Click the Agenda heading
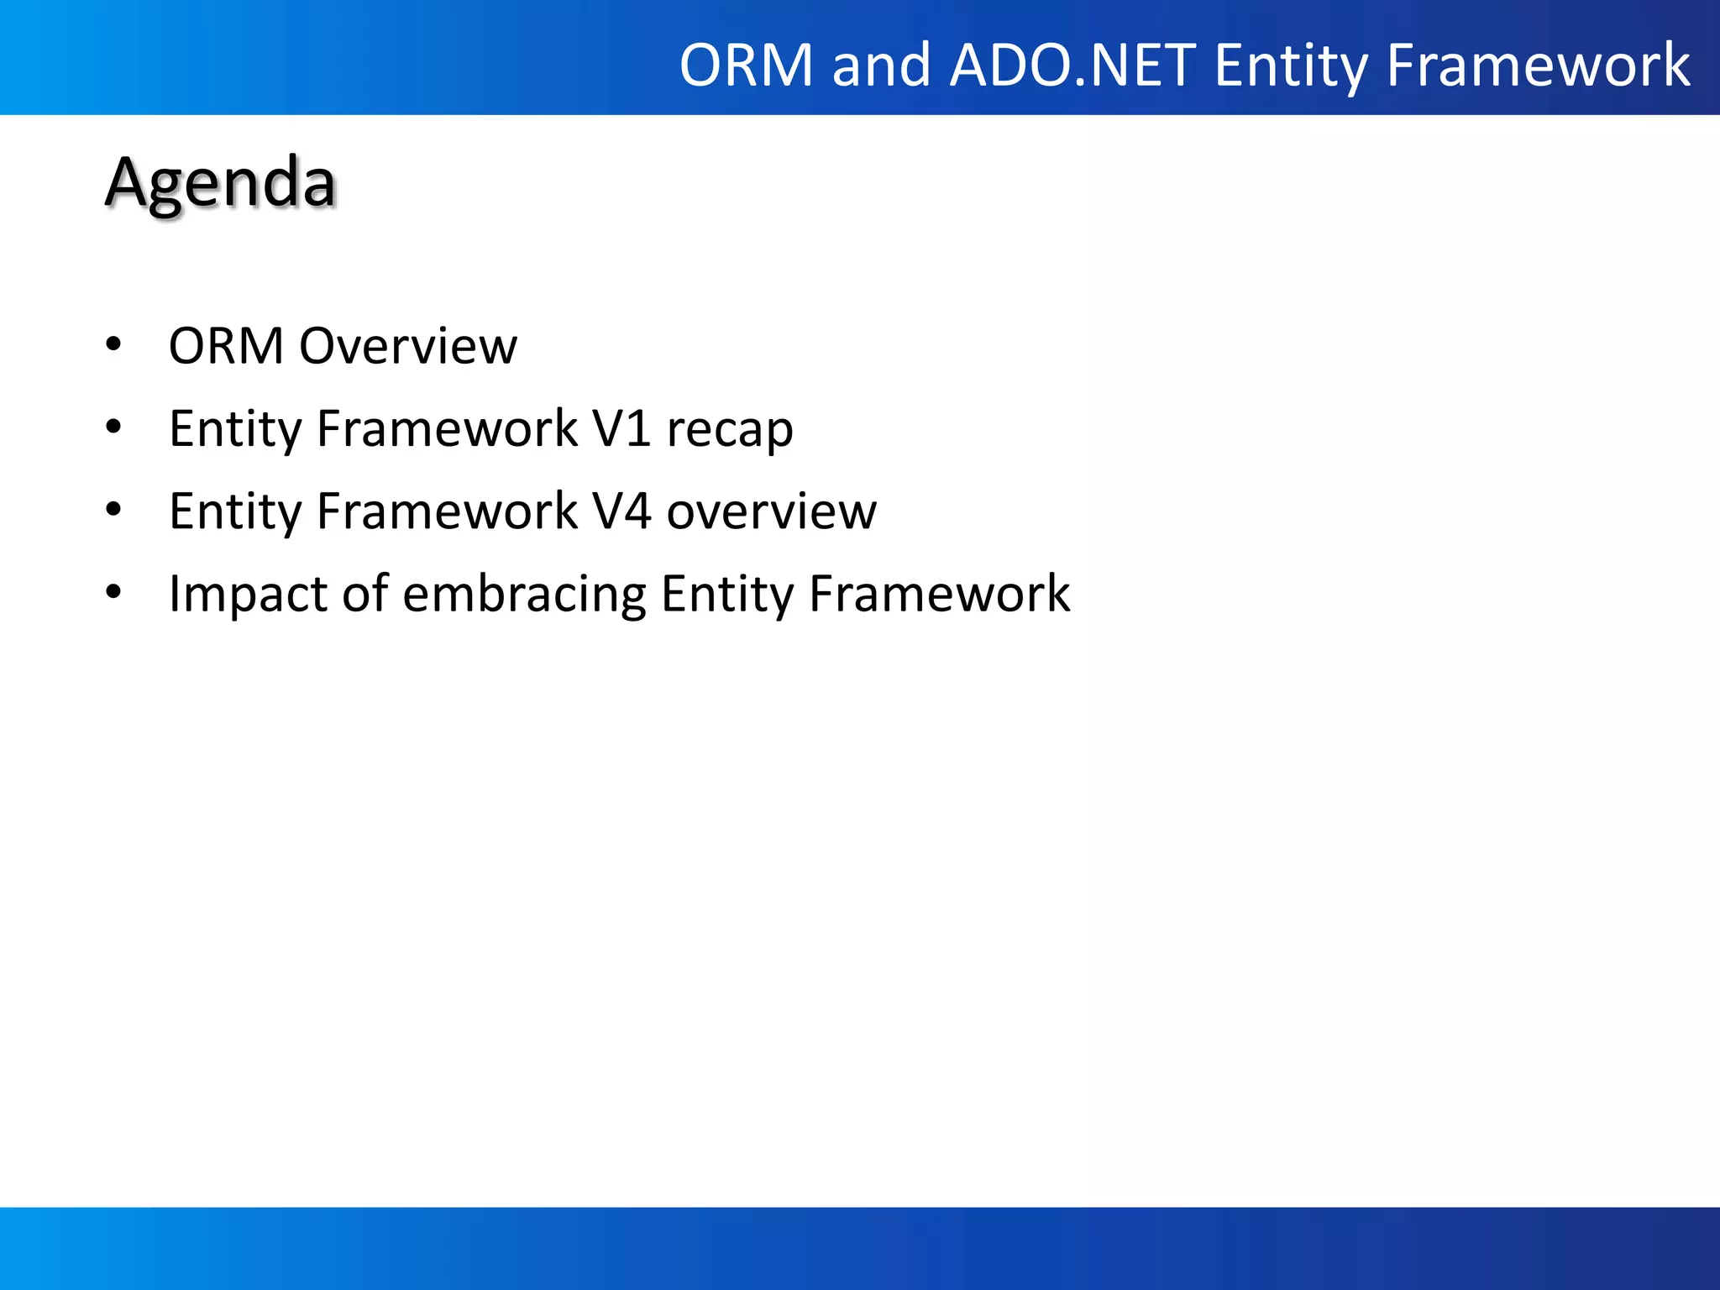pos(220,182)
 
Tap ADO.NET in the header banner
pos(1072,65)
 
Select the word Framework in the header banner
pos(1538,65)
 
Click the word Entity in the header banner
pos(1290,65)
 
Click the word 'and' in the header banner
pos(881,65)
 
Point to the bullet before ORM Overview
pos(113,345)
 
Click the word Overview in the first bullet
pos(408,345)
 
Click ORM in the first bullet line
pos(226,345)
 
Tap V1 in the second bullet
pos(621,428)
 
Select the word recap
pos(729,430)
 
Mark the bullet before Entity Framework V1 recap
pos(113,427)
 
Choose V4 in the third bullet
pos(621,511)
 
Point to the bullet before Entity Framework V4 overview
pos(113,510)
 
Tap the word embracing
pos(525,594)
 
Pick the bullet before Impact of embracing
pos(113,592)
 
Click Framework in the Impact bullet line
pos(939,593)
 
